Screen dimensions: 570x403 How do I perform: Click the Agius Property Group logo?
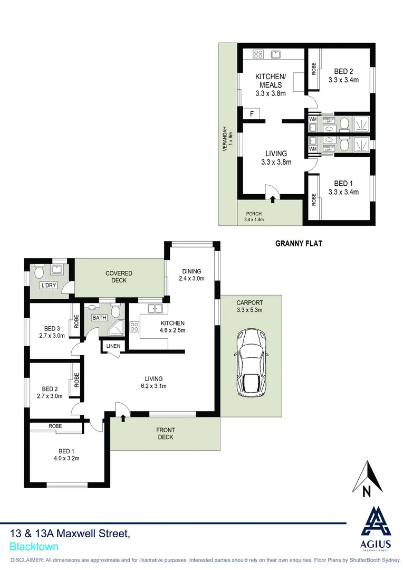(375, 528)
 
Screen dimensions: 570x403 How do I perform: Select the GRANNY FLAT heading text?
(299, 244)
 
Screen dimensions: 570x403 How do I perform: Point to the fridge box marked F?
(252, 113)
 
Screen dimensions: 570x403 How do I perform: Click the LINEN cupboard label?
(113, 346)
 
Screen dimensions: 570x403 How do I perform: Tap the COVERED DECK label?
(119, 277)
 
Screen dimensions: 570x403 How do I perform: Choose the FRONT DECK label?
(165, 433)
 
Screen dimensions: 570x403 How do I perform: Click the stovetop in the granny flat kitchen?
(258, 53)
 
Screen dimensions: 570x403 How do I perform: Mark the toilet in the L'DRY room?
(38, 272)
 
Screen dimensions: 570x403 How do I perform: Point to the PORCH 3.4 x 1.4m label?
(254, 216)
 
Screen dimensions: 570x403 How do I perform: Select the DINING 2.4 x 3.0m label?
(191, 274)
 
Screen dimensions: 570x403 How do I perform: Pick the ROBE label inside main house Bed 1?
(55, 425)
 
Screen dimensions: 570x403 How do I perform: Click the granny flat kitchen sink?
(276, 53)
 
